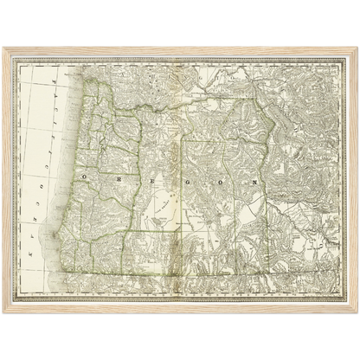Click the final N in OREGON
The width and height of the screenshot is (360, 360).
point(254,183)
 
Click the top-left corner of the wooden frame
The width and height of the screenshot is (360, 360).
point(3,46)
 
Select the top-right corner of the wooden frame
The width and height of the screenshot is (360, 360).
point(357,46)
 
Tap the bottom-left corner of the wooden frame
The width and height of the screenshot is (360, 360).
point(3,313)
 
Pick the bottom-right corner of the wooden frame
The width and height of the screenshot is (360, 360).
point(357,313)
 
